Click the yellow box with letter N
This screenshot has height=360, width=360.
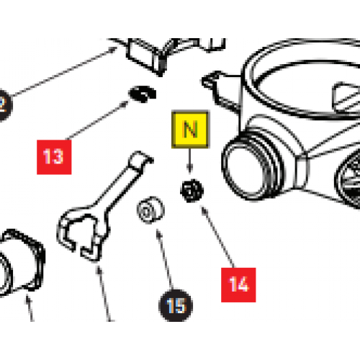pos(189,130)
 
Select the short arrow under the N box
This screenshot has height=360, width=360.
pos(189,163)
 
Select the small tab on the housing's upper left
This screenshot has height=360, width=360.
pos(214,81)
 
